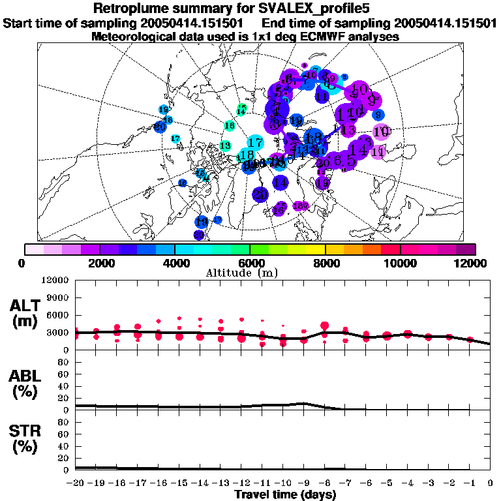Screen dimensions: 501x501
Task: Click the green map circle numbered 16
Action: tap(229, 125)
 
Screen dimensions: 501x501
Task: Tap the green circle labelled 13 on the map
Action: tap(226, 145)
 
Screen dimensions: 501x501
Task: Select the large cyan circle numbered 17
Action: tap(255, 142)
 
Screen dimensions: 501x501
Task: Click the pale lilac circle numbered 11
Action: tap(378, 151)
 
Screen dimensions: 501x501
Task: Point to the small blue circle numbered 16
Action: tap(201, 173)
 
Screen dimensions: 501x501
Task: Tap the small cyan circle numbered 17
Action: tap(175, 138)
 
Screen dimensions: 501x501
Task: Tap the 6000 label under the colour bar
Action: tap(249, 263)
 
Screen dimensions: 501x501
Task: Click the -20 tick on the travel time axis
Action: tap(75, 483)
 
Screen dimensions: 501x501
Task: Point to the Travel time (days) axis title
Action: tap(285, 494)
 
